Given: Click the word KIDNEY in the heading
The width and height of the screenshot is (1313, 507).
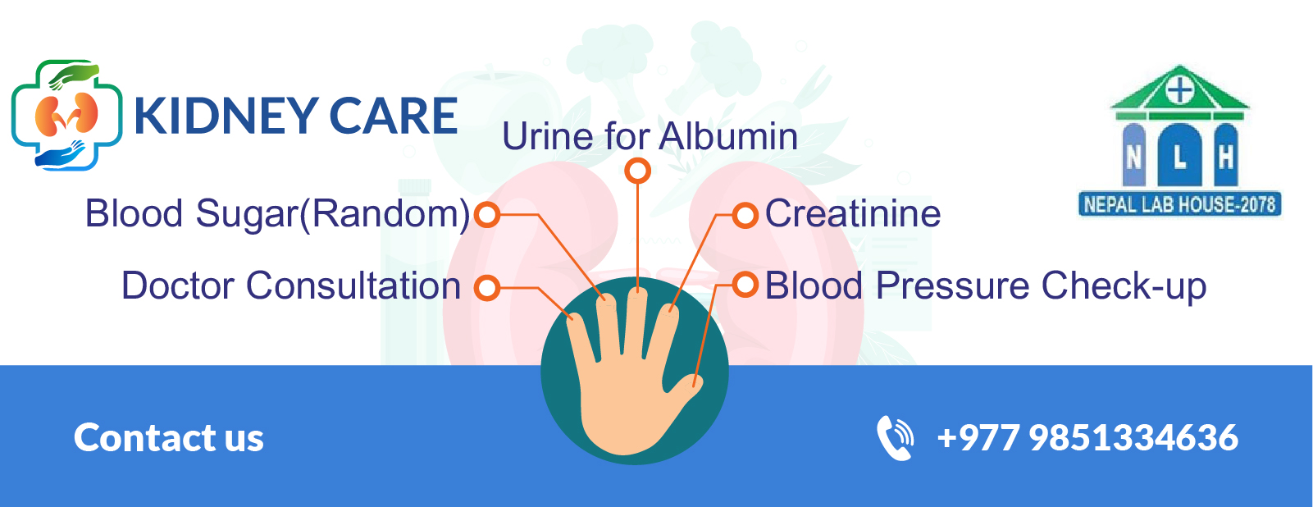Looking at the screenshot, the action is click(227, 116).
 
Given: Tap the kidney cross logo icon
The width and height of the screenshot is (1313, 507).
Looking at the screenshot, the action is click(66, 116).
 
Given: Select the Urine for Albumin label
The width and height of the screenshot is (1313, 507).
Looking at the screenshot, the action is click(650, 137).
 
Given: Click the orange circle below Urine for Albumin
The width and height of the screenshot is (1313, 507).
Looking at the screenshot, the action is click(637, 171).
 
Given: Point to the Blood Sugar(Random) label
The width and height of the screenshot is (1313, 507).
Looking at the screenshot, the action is click(277, 214).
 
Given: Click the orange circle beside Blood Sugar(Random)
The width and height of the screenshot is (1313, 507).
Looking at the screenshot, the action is click(487, 214).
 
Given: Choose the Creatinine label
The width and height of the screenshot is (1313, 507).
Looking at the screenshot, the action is click(853, 213).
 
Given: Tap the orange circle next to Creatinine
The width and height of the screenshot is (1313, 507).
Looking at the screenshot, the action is click(745, 215).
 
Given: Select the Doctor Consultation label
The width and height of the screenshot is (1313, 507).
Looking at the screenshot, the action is click(291, 286).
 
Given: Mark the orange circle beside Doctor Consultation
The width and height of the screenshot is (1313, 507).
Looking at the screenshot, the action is click(487, 288).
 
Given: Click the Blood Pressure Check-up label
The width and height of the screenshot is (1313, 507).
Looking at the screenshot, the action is click(985, 286).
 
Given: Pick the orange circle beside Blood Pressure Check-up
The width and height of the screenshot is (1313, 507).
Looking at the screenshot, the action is click(745, 285).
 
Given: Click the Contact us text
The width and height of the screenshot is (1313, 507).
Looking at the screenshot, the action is click(169, 438).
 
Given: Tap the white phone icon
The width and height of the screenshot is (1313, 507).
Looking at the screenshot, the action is click(895, 438).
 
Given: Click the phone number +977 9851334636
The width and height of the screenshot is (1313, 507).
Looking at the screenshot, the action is click(1087, 438).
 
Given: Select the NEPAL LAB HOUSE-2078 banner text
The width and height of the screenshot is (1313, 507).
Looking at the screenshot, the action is click(1179, 204).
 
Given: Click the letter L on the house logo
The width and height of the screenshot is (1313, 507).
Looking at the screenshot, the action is click(1180, 158).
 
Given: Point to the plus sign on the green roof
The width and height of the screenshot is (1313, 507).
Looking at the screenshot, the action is click(1179, 91).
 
